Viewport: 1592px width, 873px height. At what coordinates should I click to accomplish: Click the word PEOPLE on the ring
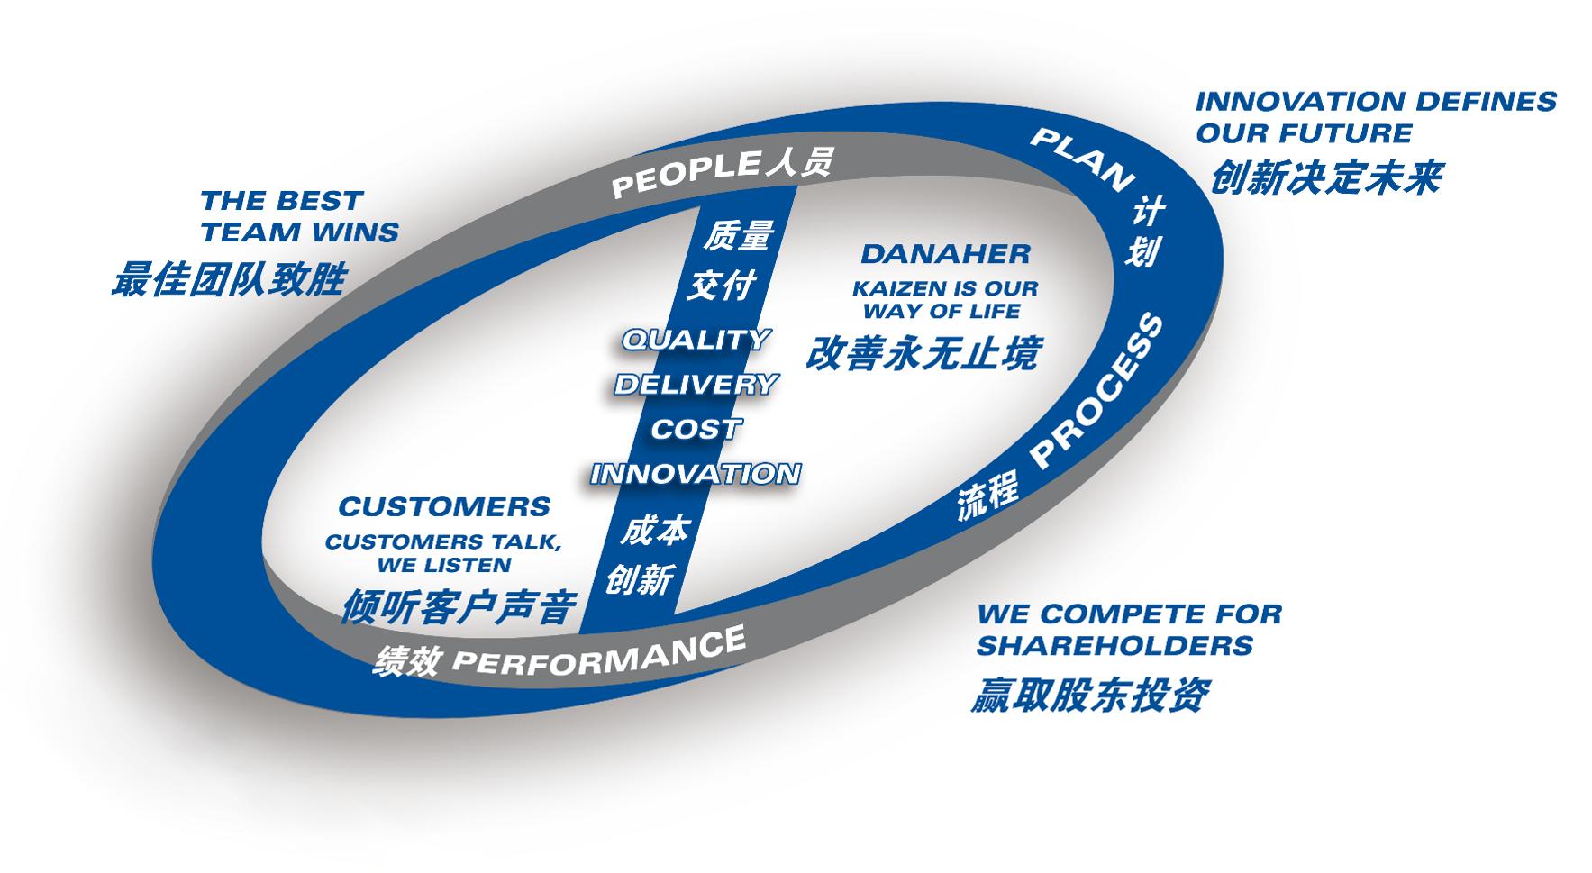[686, 174]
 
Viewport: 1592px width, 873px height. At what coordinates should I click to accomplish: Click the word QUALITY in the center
[695, 340]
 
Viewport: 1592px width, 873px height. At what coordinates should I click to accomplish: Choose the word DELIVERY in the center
[695, 385]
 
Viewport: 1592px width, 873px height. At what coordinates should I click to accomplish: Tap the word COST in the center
[695, 429]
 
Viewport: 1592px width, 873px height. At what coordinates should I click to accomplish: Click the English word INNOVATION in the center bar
[695, 474]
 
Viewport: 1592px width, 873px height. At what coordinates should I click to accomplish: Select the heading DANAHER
[945, 254]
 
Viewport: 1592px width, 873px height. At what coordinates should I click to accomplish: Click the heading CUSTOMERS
[443, 506]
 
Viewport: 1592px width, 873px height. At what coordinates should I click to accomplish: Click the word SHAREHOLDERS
[1114, 646]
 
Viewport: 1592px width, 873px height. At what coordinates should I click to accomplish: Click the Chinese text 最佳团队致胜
[228, 279]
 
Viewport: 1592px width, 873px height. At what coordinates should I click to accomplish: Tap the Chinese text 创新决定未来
[1324, 178]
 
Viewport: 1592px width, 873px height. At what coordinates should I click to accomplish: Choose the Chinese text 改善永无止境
[921, 353]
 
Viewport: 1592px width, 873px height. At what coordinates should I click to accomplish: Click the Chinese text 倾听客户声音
[458, 607]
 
